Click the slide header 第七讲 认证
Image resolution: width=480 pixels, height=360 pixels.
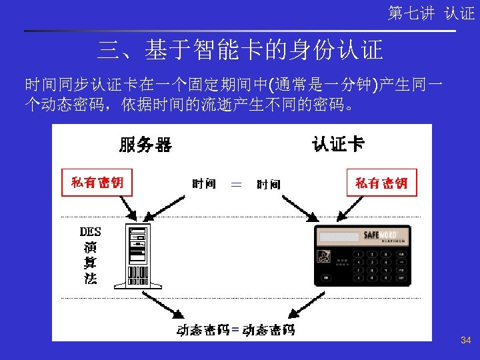pyautogui.click(x=431, y=13)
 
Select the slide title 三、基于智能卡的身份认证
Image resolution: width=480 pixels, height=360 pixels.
pyautogui.click(x=240, y=49)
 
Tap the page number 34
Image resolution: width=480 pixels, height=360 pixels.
pyautogui.click(x=466, y=341)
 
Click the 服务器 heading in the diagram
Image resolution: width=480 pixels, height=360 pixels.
pyautogui.click(x=145, y=144)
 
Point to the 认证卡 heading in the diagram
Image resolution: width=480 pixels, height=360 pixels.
pyautogui.click(x=338, y=143)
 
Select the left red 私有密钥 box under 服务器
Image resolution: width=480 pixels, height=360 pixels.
pyautogui.click(x=97, y=182)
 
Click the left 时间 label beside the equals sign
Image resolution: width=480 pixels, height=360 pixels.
pyautogui.click(x=203, y=183)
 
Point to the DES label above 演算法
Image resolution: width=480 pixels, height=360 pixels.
pyautogui.click(x=90, y=232)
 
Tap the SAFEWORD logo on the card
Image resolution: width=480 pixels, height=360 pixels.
pyautogui.click(x=380, y=235)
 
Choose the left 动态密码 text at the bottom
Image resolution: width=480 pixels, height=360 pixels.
pyautogui.click(x=203, y=329)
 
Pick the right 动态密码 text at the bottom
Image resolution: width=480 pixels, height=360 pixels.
pyautogui.click(x=268, y=329)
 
